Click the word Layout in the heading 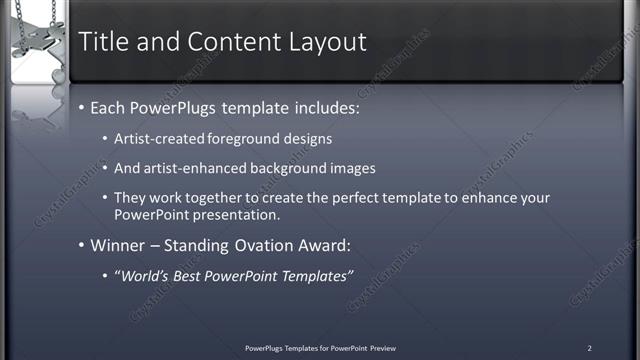click(x=324, y=42)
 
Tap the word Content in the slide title click(x=221, y=42)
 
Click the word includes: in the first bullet click(x=315, y=107)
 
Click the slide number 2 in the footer click(x=589, y=348)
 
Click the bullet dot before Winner click(x=83, y=246)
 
